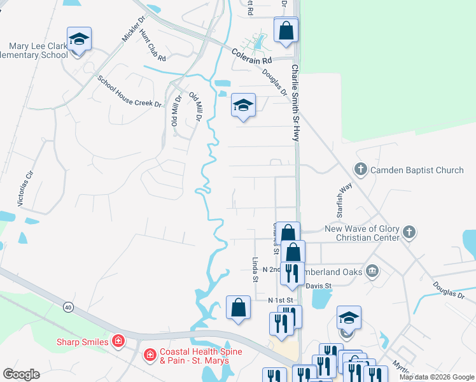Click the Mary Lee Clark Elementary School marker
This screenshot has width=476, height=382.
(x=79, y=41)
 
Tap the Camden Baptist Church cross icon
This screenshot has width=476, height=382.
(x=361, y=169)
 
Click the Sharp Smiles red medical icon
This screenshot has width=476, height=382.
(x=118, y=341)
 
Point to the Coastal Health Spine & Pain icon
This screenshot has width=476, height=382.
(x=150, y=354)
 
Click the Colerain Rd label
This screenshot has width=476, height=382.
(x=251, y=55)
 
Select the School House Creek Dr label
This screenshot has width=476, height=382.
(x=130, y=92)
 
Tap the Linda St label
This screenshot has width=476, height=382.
(x=255, y=269)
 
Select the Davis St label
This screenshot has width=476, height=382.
(x=319, y=286)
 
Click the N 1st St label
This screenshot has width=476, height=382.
(x=280, y=300)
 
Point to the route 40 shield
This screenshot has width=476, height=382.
(x=67, y=307)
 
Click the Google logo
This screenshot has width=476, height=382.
(x=21, y=374)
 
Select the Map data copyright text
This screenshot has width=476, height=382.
(x=437, y=377)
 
